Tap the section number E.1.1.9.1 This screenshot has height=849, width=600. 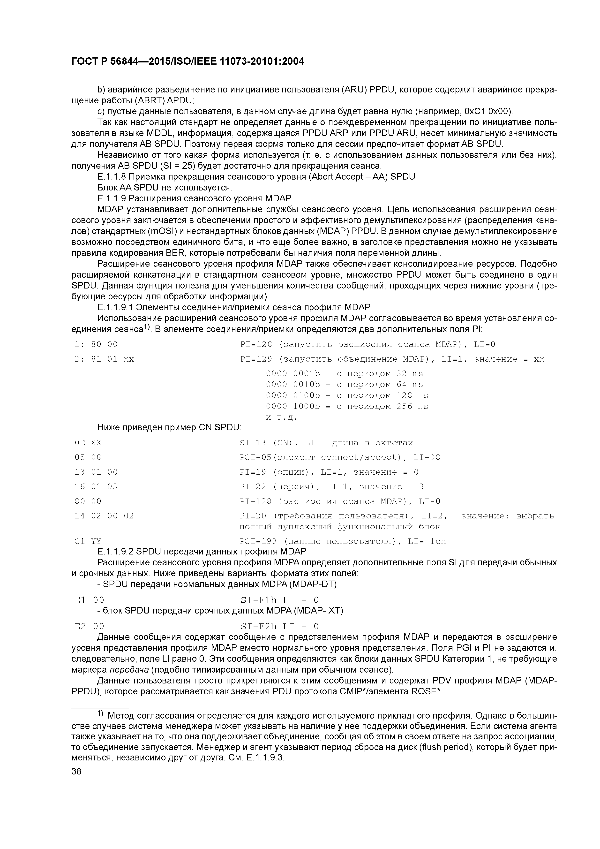click(115, 307)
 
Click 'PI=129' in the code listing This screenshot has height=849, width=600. click(256, 359)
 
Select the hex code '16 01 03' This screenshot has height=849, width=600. click(96, 487)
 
